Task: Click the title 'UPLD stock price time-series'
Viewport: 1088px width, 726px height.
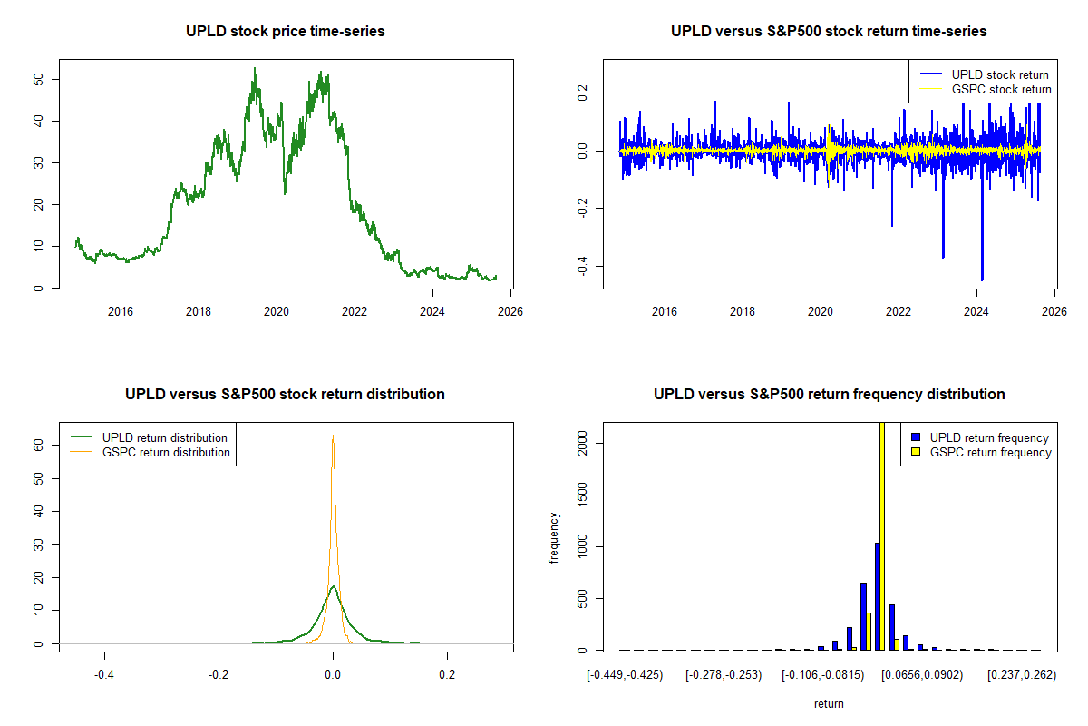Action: (x=286, y=32)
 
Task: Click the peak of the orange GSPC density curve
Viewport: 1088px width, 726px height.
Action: (x=333, y=437)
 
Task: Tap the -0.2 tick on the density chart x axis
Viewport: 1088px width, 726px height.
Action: (x=219, y=674)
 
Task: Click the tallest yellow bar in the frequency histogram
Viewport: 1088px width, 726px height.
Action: (x=882, y=535)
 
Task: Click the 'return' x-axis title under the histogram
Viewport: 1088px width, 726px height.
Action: (x=829, y=703)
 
